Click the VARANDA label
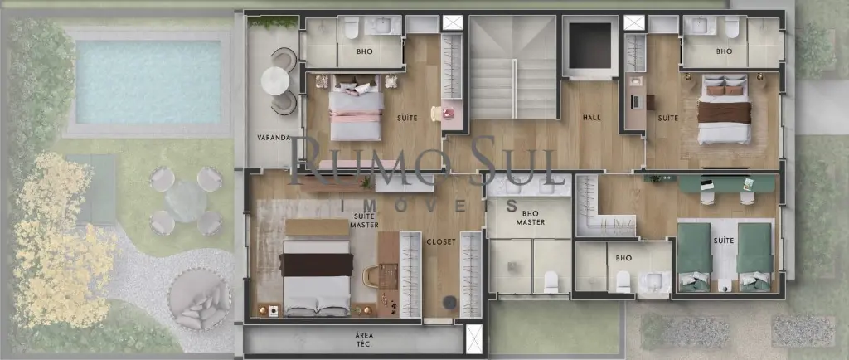pos(274,138)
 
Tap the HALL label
pos(592,118)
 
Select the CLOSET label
pos(441,242)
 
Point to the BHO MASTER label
pos(530,218)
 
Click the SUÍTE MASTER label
pos(365,221)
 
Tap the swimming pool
pos(148,82)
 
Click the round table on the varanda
pos(275,81)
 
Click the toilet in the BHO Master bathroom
pos(551,282)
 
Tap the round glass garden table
pos(186,202)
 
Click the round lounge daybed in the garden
pos(200,299)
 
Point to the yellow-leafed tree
pos(60,238)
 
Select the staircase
pos(512,68)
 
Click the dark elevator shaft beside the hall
pos(589,46)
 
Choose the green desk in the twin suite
pos(725,184)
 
